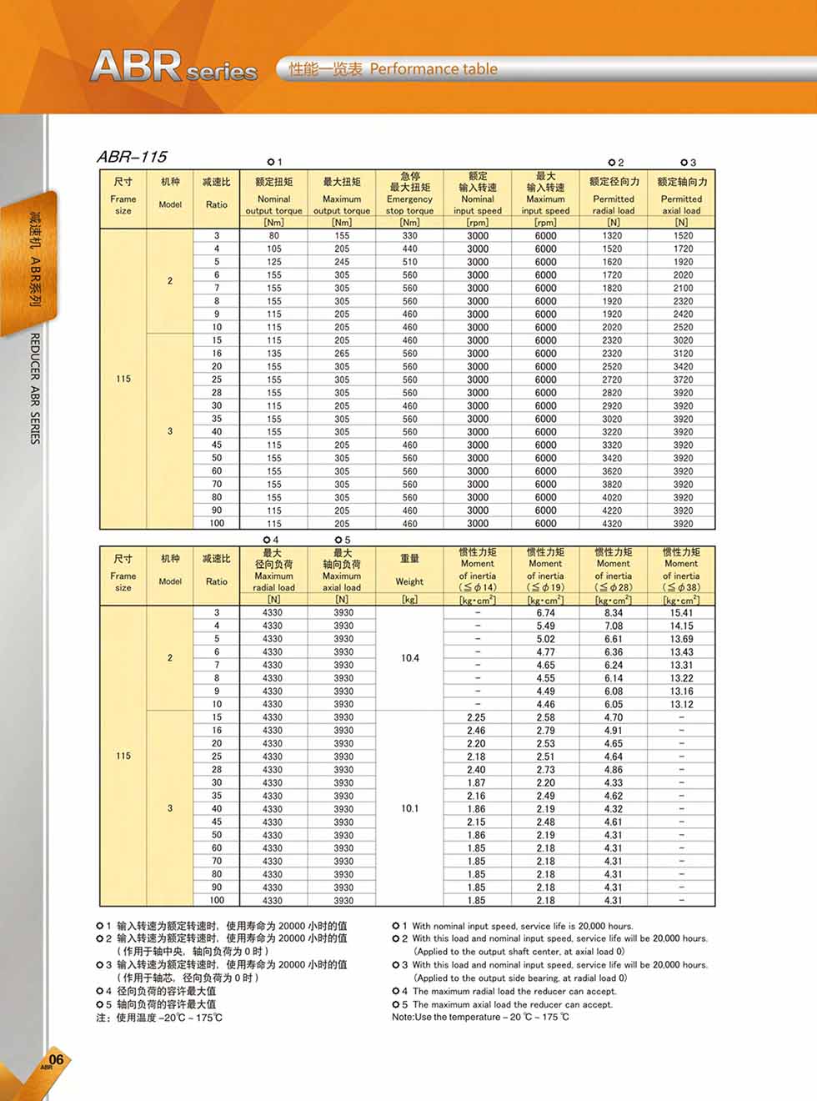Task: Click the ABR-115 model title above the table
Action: click(132, 156)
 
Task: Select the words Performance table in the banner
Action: click(433, 69)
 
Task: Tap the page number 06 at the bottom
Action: click(55, 1059)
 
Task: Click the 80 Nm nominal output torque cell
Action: click(274, 236)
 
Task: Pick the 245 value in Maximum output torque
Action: click(342, 262)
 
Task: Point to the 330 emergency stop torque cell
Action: click(409, 236)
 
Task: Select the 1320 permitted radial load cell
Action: click(613, 236)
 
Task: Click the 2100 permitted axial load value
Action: click(683, 288)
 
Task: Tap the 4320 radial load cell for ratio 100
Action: click(613, 524)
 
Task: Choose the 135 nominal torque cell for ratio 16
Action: click(274, 354)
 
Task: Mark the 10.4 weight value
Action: click(409, 658)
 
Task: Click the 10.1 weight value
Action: click(409, 808)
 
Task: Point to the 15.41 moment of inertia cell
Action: click(681, 613)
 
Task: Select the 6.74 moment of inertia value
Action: click(545, 613)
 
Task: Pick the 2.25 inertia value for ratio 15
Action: click(477, 717)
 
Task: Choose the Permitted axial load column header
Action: click(681, 199)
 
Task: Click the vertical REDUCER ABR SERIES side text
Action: click(35, 389)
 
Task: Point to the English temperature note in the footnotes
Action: click(480, 1018)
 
